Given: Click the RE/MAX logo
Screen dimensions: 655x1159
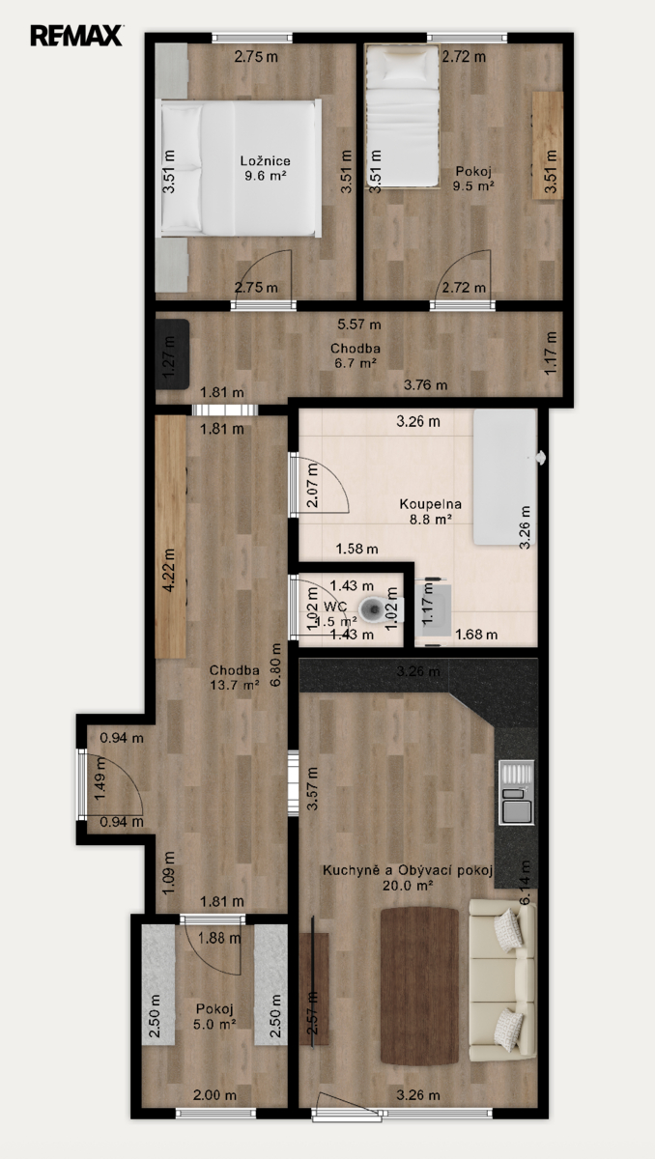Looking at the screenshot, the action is pos(76,36).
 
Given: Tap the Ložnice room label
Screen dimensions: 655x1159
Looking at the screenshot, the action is pos(266,161).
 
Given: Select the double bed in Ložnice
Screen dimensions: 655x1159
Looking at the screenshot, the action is pos(239,168).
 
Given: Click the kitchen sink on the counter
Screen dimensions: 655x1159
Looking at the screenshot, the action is pos(516,792).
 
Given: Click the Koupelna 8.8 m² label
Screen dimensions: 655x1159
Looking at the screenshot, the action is pos(431,511).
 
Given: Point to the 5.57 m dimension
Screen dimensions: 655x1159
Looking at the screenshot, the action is pos(359,325).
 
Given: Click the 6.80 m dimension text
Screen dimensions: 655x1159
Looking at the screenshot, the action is pos(276,664).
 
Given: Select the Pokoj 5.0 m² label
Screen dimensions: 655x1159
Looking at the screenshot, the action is pos(214,1016).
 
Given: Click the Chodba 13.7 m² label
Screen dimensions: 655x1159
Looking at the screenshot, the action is pos(235,677).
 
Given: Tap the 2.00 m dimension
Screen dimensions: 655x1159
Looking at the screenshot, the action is pos(214,1095).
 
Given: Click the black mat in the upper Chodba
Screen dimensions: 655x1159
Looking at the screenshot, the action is pos(172,353).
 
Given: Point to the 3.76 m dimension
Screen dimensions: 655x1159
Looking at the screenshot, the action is pos(425,385).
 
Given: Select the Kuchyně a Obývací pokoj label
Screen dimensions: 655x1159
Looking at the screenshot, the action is pos(408,870).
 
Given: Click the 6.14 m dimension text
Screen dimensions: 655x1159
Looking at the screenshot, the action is pos(525,883).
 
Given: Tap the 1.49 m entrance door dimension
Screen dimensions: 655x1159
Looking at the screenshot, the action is pos(100,778).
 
